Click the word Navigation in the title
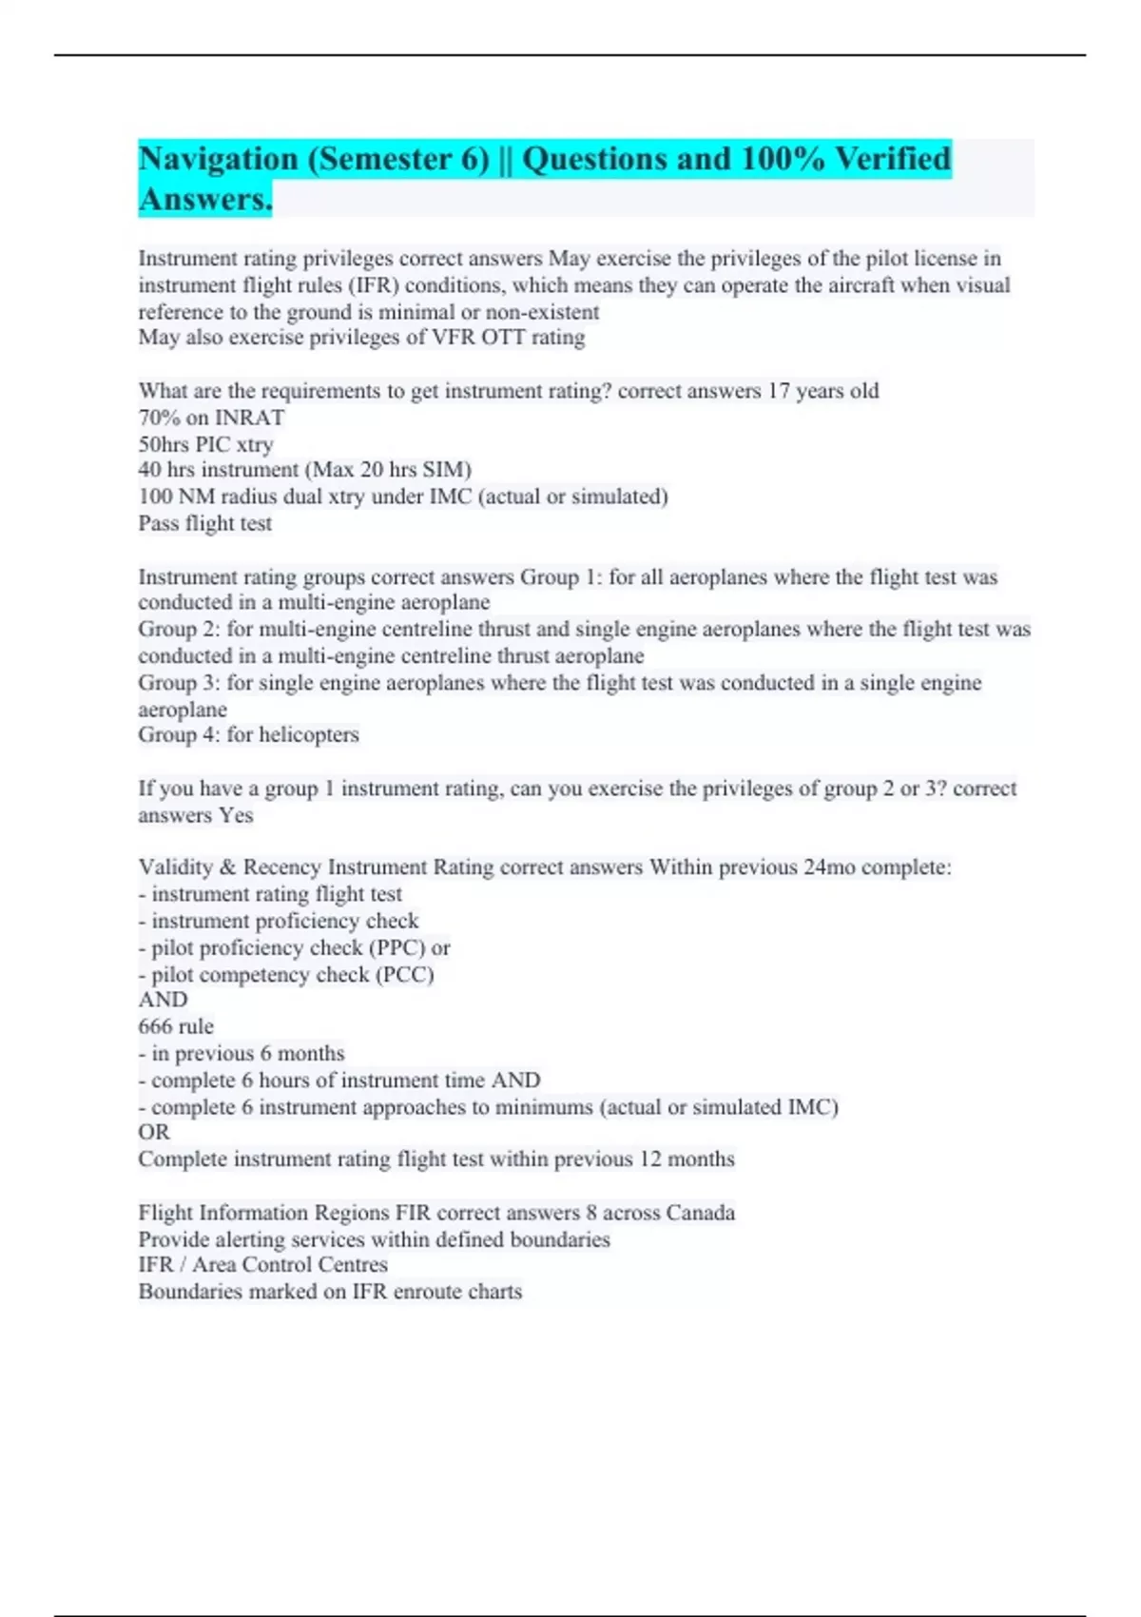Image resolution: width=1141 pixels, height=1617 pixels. pos(218,159)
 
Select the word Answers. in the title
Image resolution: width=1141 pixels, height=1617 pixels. pos(205,200)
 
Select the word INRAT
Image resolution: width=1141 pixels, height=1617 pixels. pos(249,418)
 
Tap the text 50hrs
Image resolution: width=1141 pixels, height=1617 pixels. pos(163,444)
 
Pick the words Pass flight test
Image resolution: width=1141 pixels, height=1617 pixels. pos(204,523)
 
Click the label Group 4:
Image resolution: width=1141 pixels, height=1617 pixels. pos(179,735)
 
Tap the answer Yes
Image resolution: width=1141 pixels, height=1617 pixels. pos(236,815)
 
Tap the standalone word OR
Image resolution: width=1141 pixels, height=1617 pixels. pos(154,1133)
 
